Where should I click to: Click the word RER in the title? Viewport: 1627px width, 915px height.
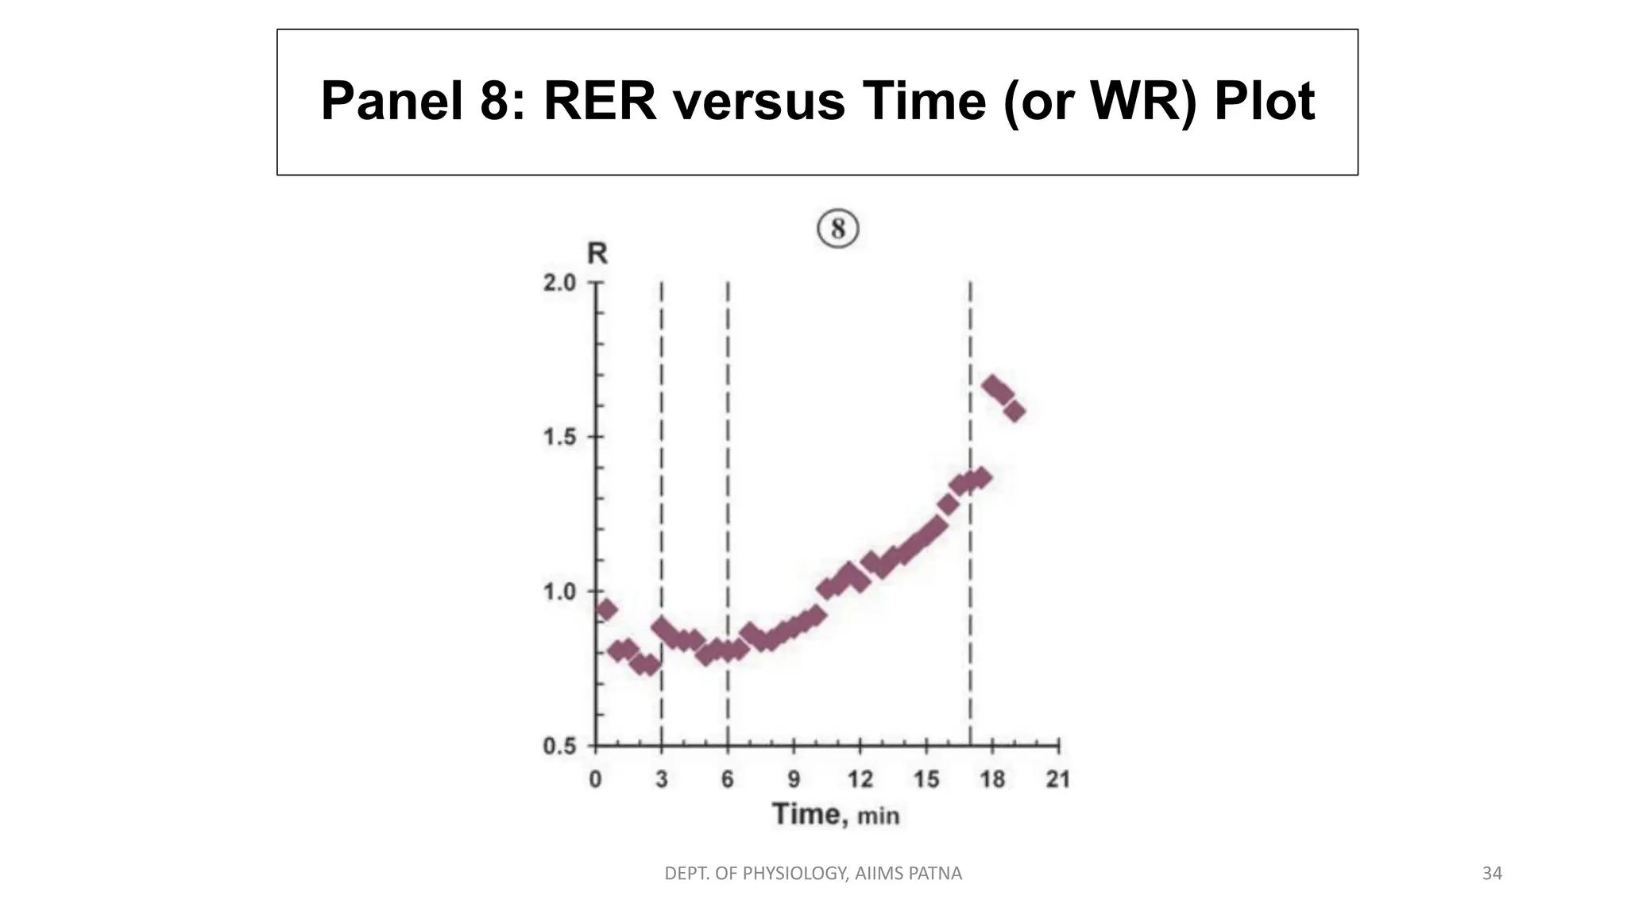pos(600,102)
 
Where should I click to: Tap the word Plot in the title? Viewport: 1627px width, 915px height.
pos(1264,102)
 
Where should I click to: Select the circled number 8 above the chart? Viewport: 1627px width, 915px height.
pos(838,230)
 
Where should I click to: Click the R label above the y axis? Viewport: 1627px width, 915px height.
pos(597,253)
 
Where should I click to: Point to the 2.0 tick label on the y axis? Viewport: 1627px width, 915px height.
pos(559,283)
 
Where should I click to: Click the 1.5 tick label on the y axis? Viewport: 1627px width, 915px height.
pos(559,438)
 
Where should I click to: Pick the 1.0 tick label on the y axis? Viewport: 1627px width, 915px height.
pos(559,592)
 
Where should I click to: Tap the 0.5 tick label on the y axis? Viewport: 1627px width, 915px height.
pos(559,747)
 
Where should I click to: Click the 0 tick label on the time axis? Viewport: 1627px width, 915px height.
pos(595,779)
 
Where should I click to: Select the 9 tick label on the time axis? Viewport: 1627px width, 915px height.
pos(794,779)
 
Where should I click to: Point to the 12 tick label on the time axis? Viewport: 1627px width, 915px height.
pos(860,779)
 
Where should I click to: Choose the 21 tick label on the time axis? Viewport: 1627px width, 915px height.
pos(1057,779)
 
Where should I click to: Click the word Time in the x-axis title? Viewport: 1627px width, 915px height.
pos(806,814)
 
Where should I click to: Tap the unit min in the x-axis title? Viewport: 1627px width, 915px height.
pos(878,816)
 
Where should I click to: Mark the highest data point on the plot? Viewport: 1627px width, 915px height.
pos(991,386)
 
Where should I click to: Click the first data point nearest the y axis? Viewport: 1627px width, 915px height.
pos(606,610)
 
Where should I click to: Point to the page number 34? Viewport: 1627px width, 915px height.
pos(1492,874)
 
